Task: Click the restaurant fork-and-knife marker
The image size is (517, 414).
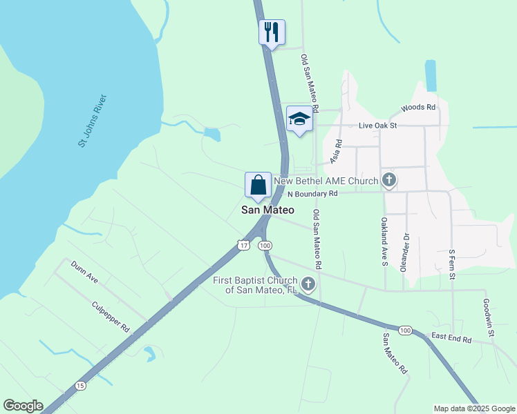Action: coord(272,32)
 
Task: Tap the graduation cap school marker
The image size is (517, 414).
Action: coord(299,119)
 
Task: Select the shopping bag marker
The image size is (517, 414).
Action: coord(258,185)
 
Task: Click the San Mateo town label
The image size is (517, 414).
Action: coord(267,210)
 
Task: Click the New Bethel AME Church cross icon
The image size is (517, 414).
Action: coord(388,181)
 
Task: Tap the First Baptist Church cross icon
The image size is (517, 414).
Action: coord(308,284)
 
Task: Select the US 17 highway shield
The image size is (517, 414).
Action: coord(242,245)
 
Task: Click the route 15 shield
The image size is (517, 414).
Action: coord(81,386)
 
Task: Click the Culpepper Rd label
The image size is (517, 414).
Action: coord(111,317)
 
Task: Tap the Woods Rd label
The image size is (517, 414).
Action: coord(418,108)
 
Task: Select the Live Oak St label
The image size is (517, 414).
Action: coord(377,126)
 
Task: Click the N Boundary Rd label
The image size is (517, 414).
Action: coord(314,194)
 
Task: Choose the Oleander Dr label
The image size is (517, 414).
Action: coord(405,252)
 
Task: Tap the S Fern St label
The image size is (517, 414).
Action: coord(452,265)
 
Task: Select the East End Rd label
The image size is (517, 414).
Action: coord(451,339)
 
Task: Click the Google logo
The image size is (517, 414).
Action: coord(23,406)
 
